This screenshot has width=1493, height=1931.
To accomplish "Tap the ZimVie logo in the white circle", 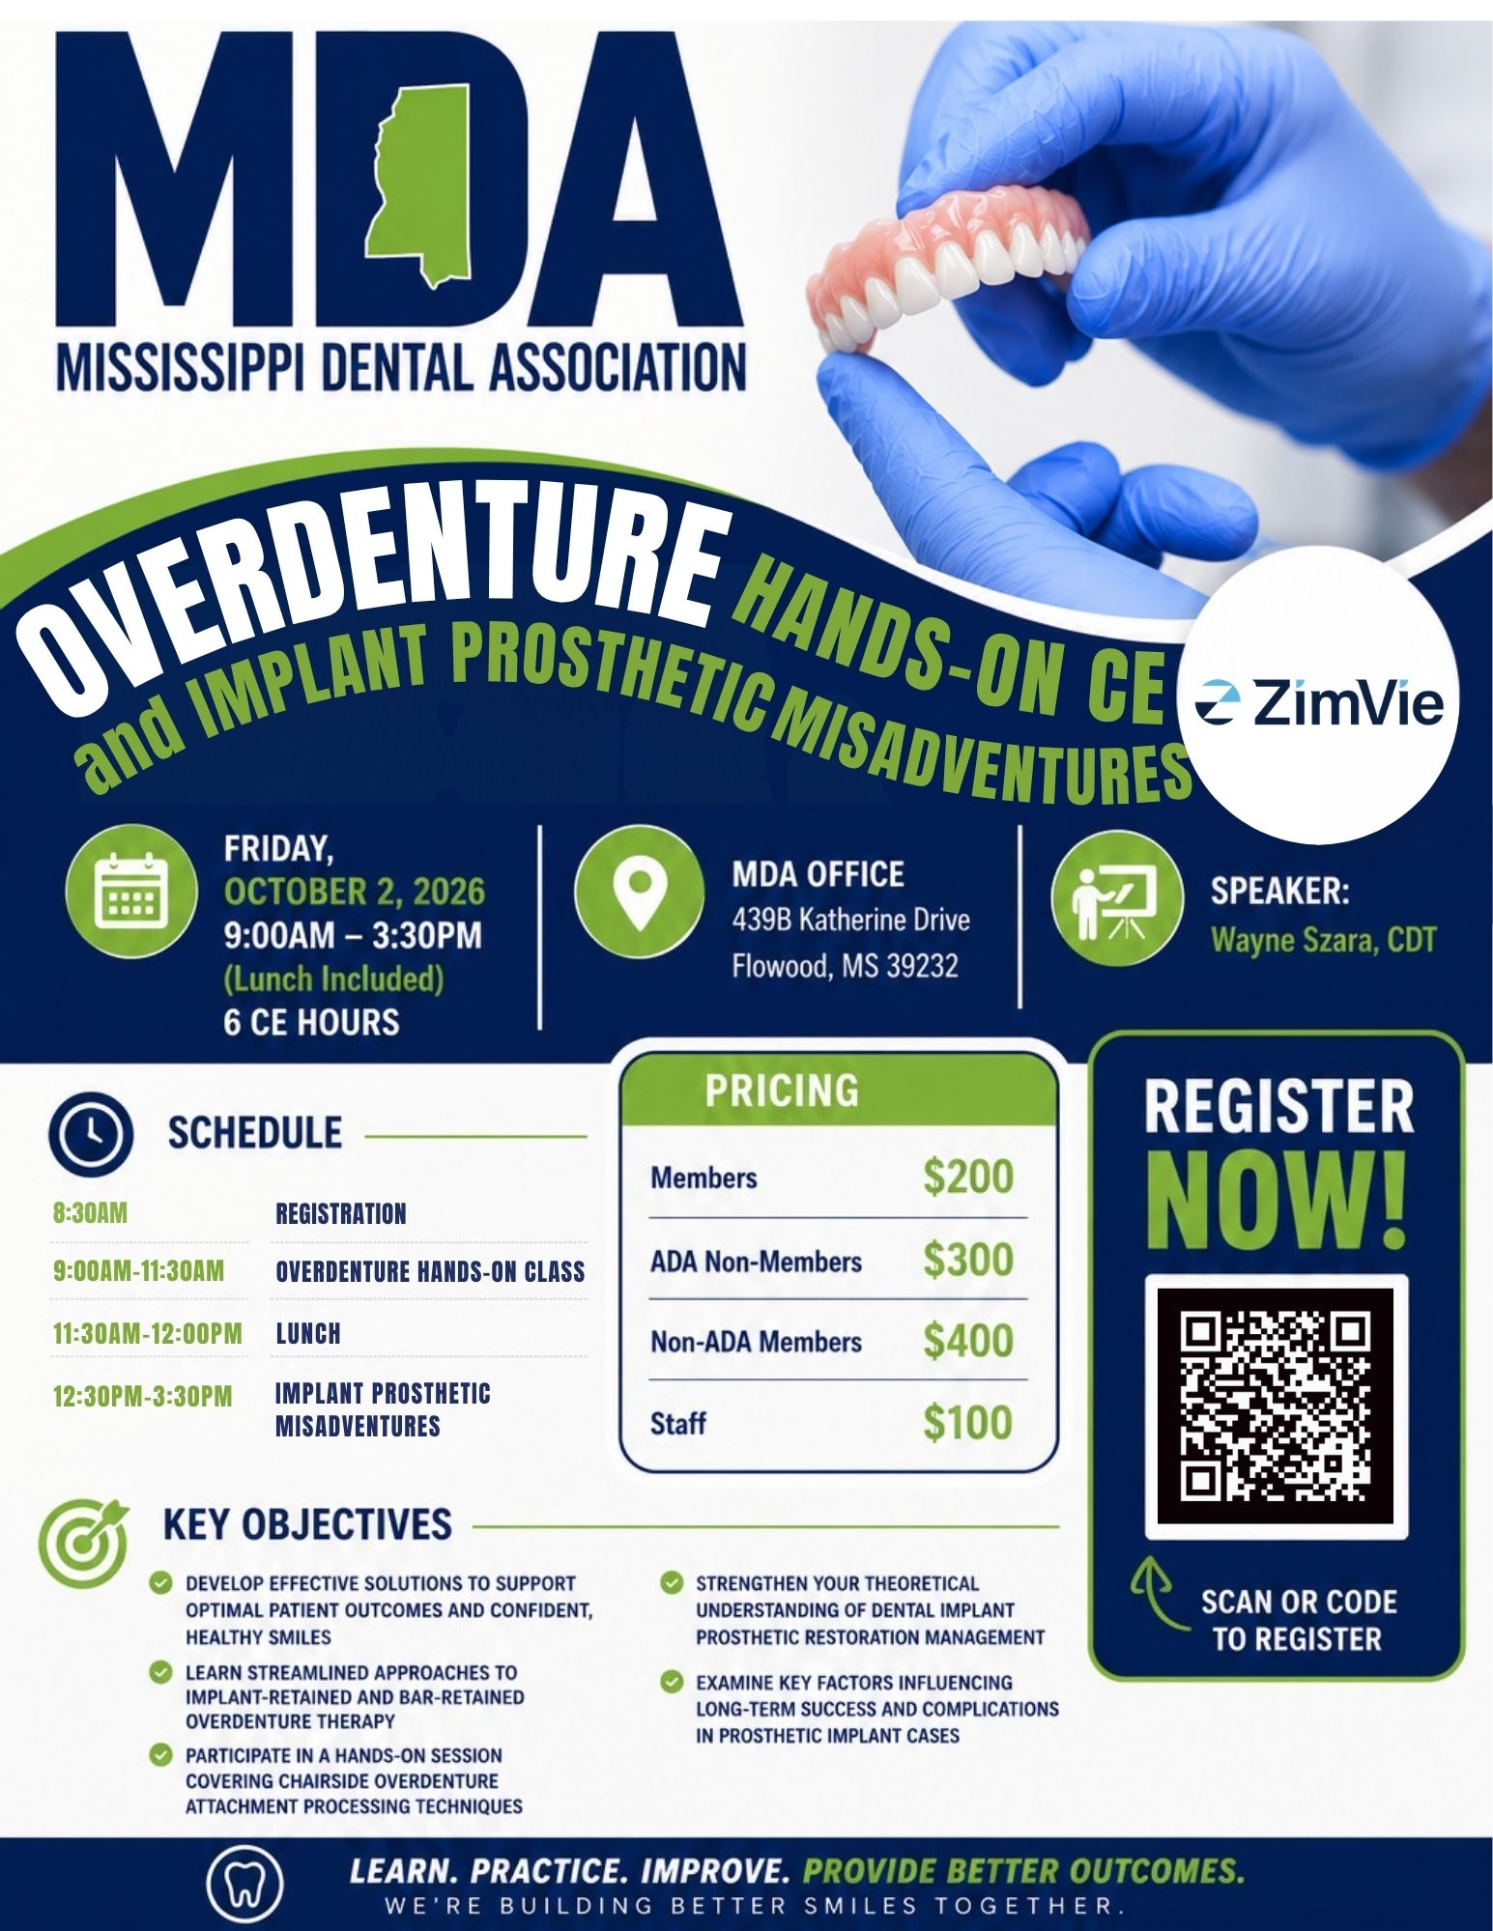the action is coord(1320,703).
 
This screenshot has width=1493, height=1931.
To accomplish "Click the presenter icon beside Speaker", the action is coord(1118,900).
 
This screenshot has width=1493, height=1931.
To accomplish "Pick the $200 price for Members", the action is coord(968,1177).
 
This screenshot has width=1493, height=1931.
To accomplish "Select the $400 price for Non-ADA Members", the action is coord(968,1341).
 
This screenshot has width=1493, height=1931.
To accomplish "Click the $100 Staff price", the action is coord(968,1422).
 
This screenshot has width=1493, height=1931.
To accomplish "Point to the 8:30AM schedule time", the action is coord(90,1212).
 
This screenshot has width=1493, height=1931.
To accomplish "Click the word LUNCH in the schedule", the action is coord(308,1333).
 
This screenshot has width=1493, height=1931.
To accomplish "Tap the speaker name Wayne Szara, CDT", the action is coord(1323,939).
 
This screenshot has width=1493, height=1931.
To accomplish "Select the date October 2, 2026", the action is coord(354,891).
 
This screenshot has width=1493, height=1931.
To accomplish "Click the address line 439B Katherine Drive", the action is coord(850,919).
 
